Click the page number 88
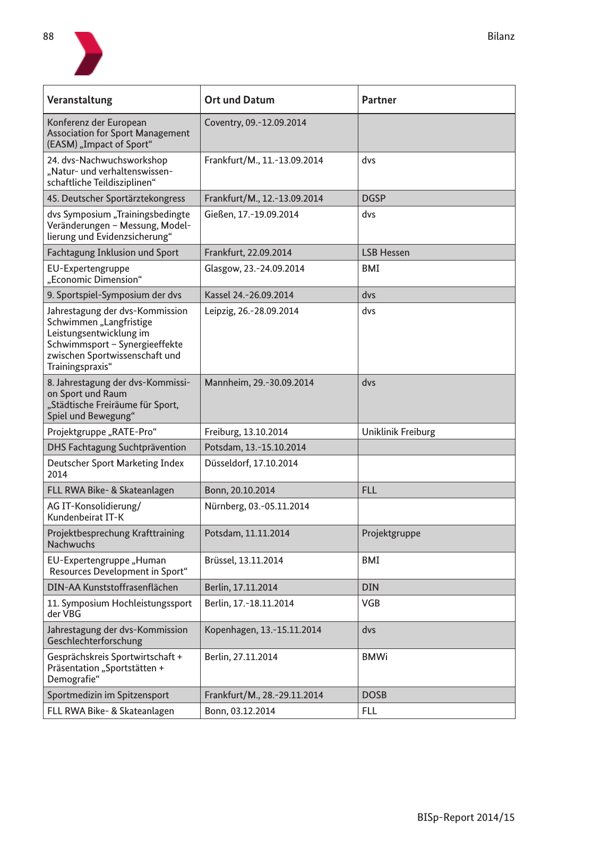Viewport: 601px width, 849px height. coord(48,37)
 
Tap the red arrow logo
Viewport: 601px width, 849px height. coord(88,53)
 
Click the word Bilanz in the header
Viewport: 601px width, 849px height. coord(501,37)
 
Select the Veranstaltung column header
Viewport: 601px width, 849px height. coord(80,100)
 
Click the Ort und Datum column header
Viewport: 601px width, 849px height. coord(239,100)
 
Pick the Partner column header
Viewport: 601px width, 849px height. coord(379,100)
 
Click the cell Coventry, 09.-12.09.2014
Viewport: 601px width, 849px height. coord(255,123)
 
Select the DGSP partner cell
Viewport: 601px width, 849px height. coord(374,198)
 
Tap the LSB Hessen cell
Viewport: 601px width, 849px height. coord(385,253)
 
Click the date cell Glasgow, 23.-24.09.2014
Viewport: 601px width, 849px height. coord(254,268)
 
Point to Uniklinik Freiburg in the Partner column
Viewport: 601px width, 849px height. coord(398,432)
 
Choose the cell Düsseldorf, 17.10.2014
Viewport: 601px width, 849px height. coord(251,463)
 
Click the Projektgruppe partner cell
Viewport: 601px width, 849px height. coord(391,533)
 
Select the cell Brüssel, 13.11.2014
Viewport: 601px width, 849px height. coord(244,560)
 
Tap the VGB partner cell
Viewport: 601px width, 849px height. coord(371,603)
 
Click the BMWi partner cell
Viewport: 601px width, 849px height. coord(374,657)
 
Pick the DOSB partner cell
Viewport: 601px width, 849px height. coord(374,695)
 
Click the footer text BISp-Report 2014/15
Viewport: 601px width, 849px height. coord(466,817)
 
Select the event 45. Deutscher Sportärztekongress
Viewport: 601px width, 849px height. coord(116,198)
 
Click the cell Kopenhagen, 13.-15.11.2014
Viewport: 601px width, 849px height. coord(263,630)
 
